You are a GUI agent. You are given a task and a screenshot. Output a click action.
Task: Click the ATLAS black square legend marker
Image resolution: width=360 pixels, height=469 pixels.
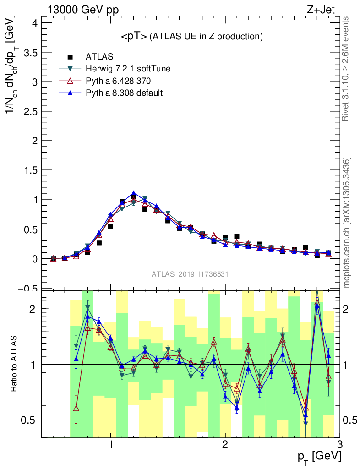(70, 57)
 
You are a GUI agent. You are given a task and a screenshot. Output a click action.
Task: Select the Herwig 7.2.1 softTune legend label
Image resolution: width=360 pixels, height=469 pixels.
(128, 69)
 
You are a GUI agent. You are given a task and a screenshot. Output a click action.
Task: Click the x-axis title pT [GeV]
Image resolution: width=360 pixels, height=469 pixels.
(319, 456)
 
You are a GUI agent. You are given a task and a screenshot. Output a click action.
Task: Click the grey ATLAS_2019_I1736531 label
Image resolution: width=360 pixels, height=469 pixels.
(190, 274)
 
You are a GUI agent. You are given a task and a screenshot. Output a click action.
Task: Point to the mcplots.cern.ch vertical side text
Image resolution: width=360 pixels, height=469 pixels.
(347, 222)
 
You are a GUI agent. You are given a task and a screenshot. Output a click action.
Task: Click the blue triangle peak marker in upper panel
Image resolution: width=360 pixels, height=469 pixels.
(133, 194)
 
